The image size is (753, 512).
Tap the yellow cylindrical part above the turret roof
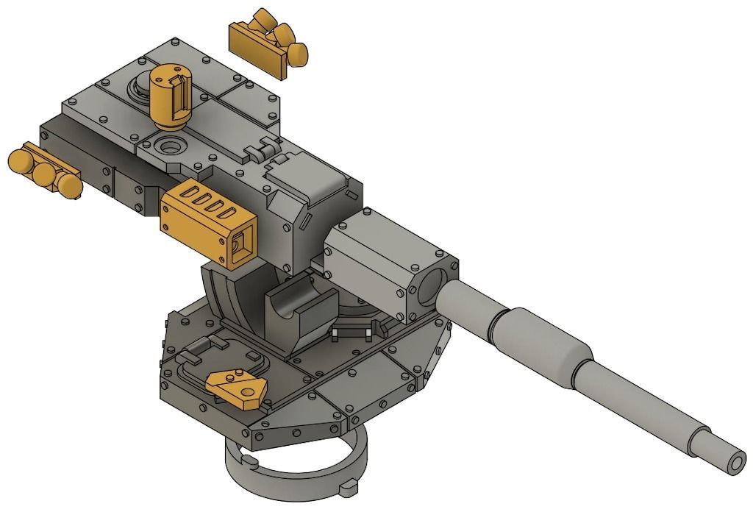pos(171,93)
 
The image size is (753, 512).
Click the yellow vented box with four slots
pos(206,218)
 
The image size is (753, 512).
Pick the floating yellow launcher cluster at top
pos(268,44)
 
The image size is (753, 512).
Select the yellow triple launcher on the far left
pos(44,171)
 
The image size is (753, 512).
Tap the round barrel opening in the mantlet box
pos(434,287)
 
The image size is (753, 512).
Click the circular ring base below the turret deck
pos(294,471)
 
